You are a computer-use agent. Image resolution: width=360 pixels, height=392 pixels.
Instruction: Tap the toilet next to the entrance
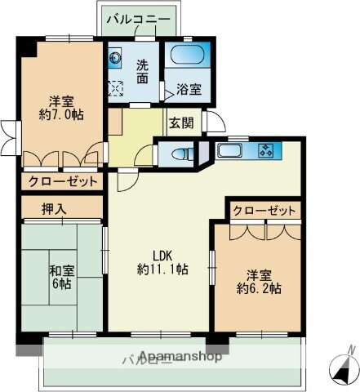[x=180, y=153]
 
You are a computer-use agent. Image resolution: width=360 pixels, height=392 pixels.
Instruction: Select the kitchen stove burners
[x=267, y=149]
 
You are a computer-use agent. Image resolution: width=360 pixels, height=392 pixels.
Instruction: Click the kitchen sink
[x=227, y=150]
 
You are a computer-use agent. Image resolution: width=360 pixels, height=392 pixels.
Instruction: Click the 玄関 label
[x=181, y=123]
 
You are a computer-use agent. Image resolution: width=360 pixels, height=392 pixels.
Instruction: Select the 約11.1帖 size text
[x=162, y=269]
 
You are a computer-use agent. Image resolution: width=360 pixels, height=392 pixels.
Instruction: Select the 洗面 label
[x=141, y=71]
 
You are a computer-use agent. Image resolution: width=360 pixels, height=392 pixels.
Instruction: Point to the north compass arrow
[x=340, y=369]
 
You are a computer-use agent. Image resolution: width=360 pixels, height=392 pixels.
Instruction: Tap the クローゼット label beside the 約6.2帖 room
[x=264, y=211]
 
